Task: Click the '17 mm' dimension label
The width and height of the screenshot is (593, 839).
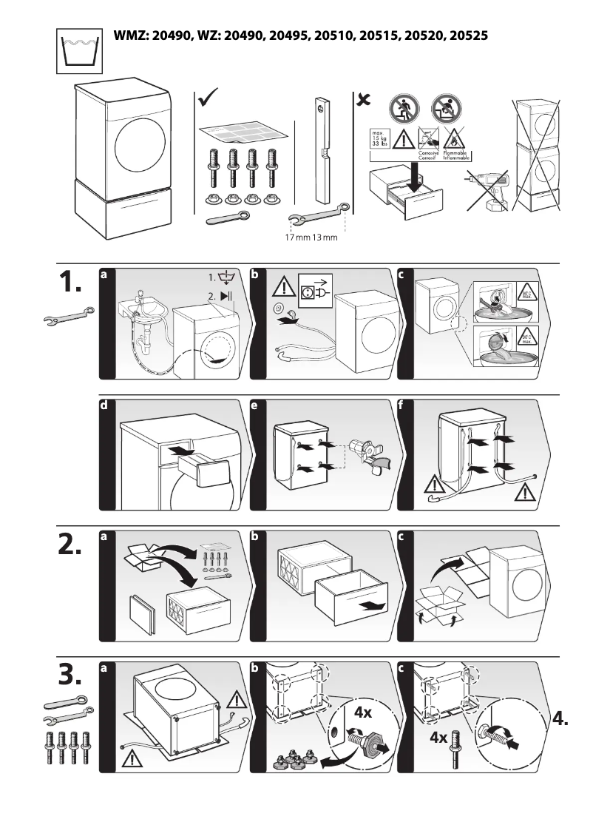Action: [297, 237]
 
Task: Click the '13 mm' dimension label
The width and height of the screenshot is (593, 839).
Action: [325, 237]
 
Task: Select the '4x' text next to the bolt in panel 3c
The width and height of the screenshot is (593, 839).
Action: [438, 737]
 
